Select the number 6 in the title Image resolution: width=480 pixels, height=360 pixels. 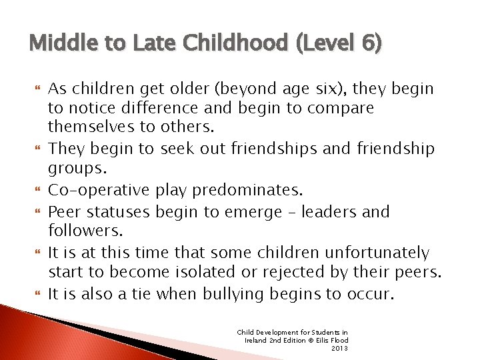[x=370, y=44]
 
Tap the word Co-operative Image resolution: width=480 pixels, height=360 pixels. [x=98, y=190]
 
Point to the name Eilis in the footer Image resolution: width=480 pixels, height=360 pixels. [x=314, y=340]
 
